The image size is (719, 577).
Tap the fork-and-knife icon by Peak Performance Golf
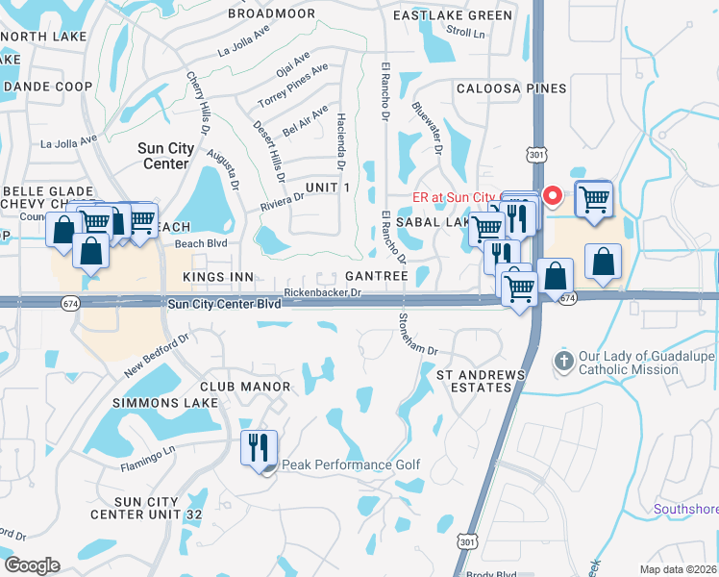coord(259,447)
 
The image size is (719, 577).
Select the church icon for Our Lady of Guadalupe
coord(564,363)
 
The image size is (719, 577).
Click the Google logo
coord(32,564)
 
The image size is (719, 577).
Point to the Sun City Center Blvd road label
coord(225,304)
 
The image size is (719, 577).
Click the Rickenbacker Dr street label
coord(322,292)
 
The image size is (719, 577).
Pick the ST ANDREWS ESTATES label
coord(481,380)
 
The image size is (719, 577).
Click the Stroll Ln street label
coord(466,32)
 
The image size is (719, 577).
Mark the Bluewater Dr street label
coord(426,129)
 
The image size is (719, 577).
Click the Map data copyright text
coord(679,568)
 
